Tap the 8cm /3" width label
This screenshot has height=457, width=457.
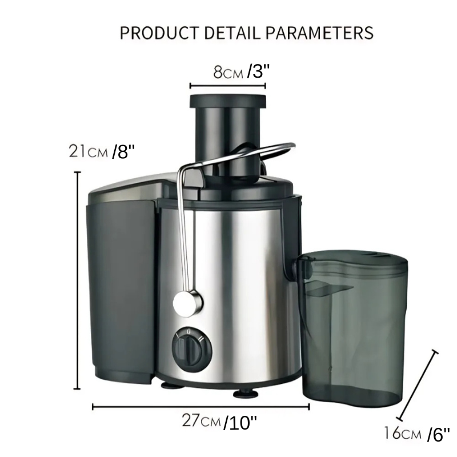pos(240,73)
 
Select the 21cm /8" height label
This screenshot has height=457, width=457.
pos(101,151)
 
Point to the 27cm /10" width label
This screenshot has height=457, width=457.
pos(219,422)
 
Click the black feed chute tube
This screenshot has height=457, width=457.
pos(227,131)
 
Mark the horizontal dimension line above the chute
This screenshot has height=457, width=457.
pos(228,87)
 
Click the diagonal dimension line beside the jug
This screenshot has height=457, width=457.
pos(419,384)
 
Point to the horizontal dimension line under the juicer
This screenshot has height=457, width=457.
pos(200,407)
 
